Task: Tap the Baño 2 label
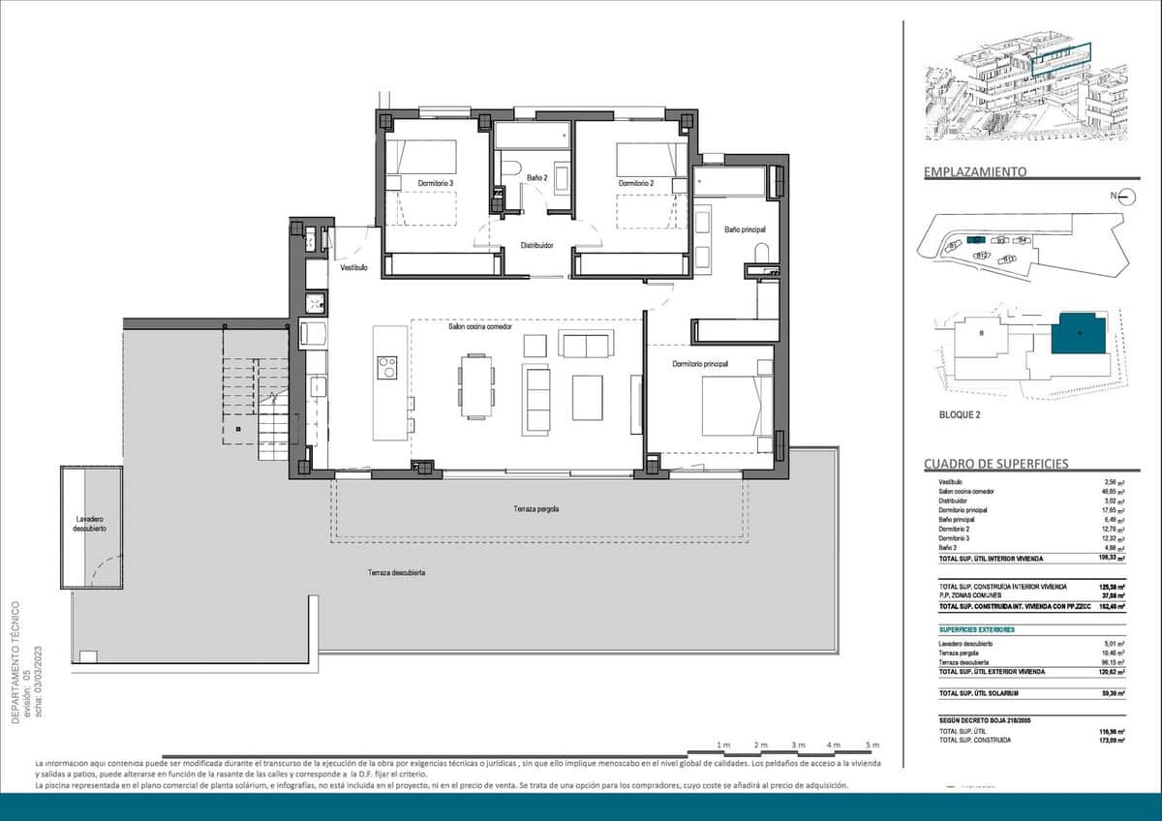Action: [537, 178]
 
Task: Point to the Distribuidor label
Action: [536, 246]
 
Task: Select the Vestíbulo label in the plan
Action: [353, 267]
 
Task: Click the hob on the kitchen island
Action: [387, 367]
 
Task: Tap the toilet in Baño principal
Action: [761, 254]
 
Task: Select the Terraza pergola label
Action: [536, 509]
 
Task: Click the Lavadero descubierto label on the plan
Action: [92, 524]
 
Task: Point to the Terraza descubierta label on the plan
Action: [396, 573]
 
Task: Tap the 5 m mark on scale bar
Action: [872, 745]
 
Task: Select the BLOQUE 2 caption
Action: [961, 414]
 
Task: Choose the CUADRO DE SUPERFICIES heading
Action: [996, 464]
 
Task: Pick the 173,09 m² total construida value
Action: [1110, 741]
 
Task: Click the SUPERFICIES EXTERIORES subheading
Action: [976, 629]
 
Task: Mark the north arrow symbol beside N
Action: [1125, 197]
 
